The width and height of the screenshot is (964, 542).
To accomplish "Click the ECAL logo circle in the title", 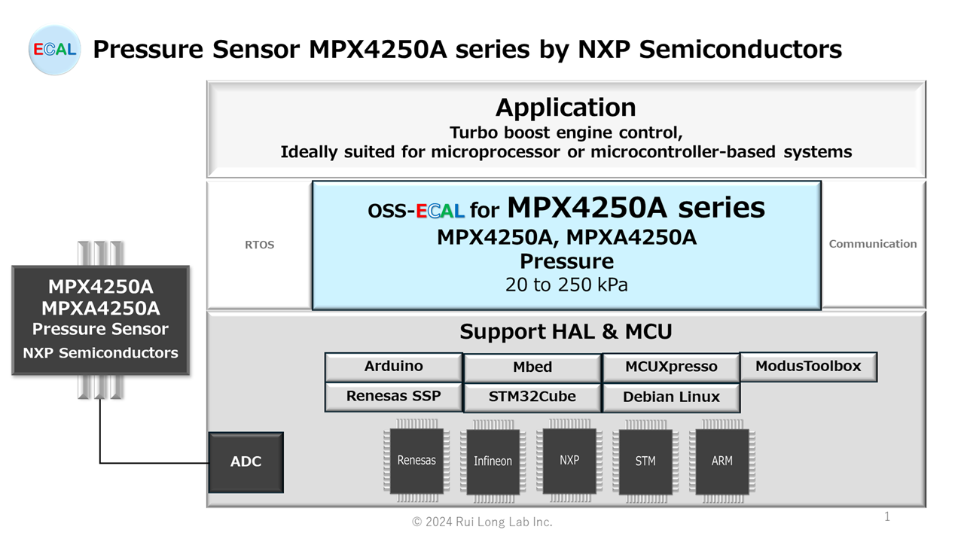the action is (54, 50).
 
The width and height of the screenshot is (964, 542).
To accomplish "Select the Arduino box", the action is (393, 367).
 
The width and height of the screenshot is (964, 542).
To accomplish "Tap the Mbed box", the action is (532, 367).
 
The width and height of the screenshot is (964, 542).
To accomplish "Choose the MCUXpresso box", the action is (671, 367).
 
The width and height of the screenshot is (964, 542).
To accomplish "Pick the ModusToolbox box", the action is (808, 367).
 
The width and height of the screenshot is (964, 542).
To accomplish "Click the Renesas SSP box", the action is (393, 397).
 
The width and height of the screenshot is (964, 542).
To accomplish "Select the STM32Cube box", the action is (532, 397).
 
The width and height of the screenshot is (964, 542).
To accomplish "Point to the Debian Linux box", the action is (671, 397).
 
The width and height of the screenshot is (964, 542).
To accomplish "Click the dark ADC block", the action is (246, 462).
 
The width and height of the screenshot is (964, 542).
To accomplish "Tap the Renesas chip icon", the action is (416, 461).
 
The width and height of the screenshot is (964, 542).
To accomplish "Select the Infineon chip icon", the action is (493, 461).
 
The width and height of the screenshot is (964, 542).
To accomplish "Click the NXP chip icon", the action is (569, 460).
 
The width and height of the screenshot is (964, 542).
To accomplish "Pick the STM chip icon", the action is (645, 461).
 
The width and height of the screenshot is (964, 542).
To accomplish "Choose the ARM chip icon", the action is (721, 461).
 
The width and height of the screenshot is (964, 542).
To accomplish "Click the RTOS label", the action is (260, 245).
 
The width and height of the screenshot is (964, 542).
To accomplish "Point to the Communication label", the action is (873, 244).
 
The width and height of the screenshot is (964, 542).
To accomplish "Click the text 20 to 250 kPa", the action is (566, 285).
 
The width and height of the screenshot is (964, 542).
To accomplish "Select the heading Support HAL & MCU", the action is (566, 331).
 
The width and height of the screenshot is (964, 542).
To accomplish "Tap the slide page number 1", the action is (887, 516).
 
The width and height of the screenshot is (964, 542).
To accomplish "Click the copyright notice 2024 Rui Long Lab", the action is (482, 522).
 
